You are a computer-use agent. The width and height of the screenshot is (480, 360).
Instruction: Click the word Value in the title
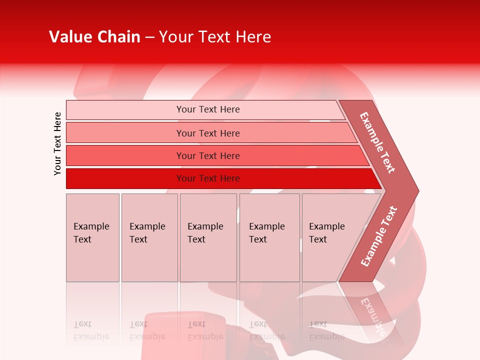point(69,37)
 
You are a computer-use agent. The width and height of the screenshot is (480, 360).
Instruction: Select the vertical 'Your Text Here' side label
point(57,144)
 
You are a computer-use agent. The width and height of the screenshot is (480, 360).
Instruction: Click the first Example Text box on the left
point(92,237)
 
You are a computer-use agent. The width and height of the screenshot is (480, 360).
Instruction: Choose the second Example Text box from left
point(149,237)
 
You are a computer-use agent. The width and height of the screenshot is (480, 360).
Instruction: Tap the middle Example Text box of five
point(208,237)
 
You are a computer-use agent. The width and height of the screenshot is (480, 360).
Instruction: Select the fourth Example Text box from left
point(269,237)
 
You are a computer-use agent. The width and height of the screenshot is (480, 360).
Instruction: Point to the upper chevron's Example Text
point(377,142)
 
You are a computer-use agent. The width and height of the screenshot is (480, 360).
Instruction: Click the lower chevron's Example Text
point(379,236)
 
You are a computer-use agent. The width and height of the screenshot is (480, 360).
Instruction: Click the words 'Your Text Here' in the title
point(215,37)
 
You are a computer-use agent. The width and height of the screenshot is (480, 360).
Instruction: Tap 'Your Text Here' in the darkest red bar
point(208,178)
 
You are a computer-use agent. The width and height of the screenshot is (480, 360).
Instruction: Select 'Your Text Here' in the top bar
point(208,109)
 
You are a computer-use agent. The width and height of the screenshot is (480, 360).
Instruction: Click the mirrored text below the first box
point(91,330)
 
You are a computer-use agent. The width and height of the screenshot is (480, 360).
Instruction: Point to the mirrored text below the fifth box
point(327,330)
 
